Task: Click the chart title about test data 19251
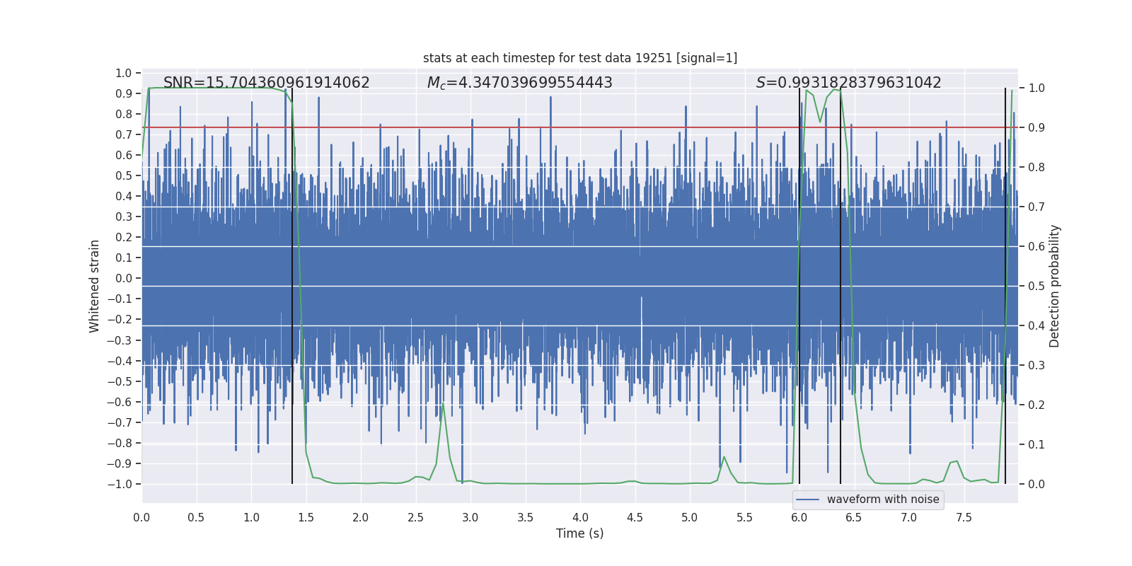tap(580, 58)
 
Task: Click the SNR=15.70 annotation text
tap(266, 83)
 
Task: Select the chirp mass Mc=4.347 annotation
tap(519, 83)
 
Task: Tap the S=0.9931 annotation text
tap(848, 83)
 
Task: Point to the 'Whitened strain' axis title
tap(94, 287)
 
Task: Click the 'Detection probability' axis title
tap(1054, 287)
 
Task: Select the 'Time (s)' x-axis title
tap(579, 533)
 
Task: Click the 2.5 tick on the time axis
tap(415, 517)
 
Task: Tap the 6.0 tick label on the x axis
tap(799, 517)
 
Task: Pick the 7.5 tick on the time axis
tap(964, 517)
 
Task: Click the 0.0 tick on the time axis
tap(141, 517)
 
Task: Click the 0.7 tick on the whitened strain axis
tap(124, 134)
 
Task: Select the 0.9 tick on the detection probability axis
tap(1036, 128)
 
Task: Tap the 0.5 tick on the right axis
tap(1036, 287)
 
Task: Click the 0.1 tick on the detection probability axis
tap(1036, 445)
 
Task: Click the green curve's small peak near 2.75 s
tap(443, 405)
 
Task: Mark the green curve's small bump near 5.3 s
tap(724, 457)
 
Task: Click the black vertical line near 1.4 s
tap(292, 283)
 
